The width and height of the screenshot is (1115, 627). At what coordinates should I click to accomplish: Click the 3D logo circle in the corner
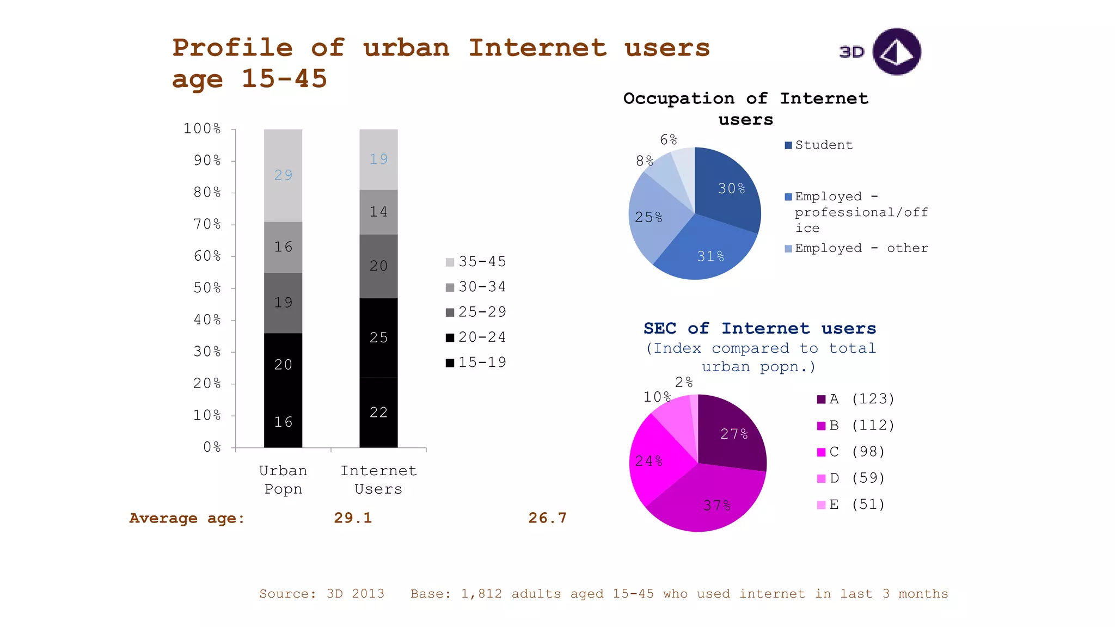[x=896, y=52]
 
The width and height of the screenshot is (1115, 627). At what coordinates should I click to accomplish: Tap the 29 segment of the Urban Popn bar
[x=283, y=175]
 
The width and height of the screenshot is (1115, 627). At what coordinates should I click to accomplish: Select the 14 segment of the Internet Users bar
[x=378, y=212]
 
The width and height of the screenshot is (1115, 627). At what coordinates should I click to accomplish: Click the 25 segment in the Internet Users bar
[x=378, y=337]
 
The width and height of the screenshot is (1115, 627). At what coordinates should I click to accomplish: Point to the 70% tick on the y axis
[x=207, y=224]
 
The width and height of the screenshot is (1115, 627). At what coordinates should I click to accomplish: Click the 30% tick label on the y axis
[x=207, y=352]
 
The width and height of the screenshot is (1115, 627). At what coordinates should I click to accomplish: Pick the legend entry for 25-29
[x=476, y=312]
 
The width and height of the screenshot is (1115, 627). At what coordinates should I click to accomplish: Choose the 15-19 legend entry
[x=476, y=362]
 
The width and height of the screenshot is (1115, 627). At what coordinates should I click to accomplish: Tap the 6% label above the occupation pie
[x=668, y=140]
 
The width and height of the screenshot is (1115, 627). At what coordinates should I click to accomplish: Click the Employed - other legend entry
[x=856, y=248]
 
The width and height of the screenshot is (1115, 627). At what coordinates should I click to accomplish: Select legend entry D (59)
[x=851, y=478]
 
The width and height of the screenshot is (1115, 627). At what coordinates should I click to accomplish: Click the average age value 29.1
[x=353, y=518]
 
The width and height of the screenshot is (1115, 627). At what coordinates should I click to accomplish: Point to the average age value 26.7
[x=547, y=518]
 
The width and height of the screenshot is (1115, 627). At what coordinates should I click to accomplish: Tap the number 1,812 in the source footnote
[x=481, y=594]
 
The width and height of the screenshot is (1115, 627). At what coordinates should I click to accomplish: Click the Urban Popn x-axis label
[x=283, y=480]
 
